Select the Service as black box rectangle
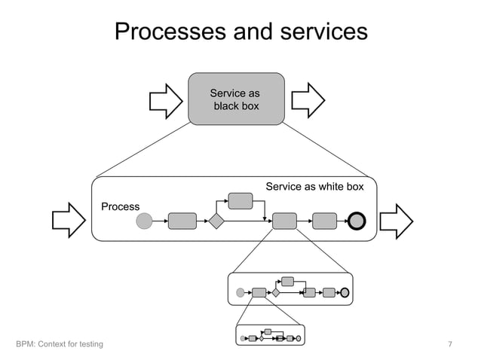click(236, 99)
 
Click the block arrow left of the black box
click(161, 99)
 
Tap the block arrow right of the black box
click(308, 99)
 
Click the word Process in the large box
click(121, 207)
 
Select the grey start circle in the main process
click(144, 221)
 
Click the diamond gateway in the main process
click(217, 221)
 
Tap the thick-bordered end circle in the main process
click(357, 221)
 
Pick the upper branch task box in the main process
click(240, 200)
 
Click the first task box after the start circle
click(182, 221)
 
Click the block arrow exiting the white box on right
click(396, 220)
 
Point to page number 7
click(450, 345)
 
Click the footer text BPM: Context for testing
click(60, 345)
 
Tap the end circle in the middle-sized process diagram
click(345, 292)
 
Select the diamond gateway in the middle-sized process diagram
click(276, 292)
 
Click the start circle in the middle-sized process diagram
click(240, 292)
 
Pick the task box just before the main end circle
click(324, 221)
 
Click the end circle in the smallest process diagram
click(299, 338)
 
